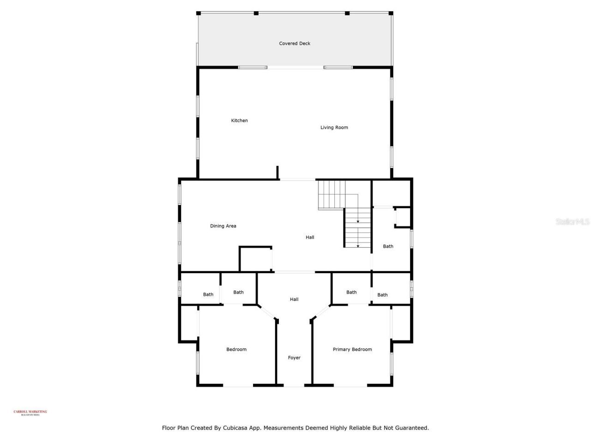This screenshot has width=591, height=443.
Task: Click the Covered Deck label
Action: pos(295,43)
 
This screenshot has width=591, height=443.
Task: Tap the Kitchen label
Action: pos(239,120)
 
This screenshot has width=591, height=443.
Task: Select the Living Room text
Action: pos(334,127)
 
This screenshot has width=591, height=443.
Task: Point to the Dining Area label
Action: pos(223,226)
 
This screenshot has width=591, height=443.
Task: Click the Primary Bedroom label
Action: pos(352,349)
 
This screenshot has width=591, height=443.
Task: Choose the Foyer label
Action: pos(294,358)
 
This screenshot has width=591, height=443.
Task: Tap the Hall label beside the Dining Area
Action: pos(310,237)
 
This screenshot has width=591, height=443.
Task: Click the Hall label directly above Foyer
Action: pos(294,299)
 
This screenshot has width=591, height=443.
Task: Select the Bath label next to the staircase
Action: pos(388,246)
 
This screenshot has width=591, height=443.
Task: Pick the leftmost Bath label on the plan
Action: pos(208,294)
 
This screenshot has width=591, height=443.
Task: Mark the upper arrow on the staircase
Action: pos(358,222)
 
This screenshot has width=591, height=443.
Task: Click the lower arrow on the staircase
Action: pos(358,246)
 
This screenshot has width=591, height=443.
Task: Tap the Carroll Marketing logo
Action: pos(30,413)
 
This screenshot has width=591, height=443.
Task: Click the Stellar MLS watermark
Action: pos(572,222)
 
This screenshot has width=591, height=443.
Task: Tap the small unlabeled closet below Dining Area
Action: pos(255,259)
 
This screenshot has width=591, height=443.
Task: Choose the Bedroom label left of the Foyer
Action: pos(236,349)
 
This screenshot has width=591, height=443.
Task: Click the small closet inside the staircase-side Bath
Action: pos(403,217)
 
